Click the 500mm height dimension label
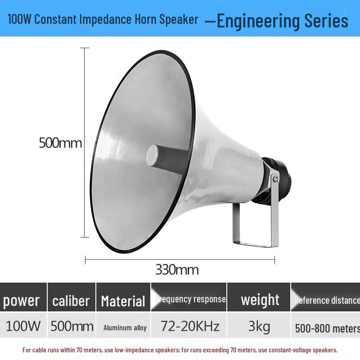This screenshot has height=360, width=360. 60,143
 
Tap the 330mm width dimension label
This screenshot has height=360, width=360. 177,270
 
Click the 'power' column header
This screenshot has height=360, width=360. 22,301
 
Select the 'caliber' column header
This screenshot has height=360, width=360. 71,301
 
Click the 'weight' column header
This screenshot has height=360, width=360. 260,300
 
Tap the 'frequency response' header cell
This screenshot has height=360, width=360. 190,299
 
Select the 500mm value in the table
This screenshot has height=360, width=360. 72,326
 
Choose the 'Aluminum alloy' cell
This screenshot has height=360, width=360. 125,328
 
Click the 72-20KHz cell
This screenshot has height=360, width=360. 190,326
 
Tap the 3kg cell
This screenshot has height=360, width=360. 259,326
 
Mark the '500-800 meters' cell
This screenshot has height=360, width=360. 327,328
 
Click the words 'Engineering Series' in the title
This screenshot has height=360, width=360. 282,21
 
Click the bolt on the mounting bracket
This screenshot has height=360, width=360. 275,179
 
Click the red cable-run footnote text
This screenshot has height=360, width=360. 180,350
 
